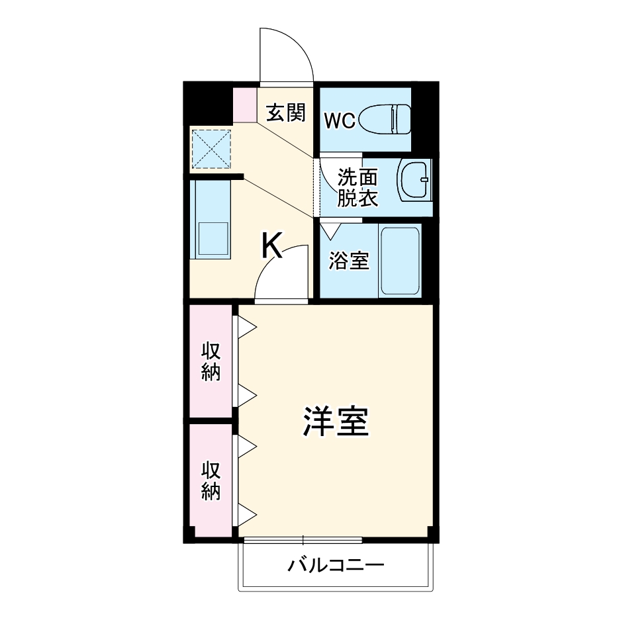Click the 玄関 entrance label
pos(286,113)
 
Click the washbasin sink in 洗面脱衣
pos(414,179)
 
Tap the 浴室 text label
pos(349,261)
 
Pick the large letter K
pos(271,247)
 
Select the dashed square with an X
pos(211,147)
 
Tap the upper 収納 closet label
pos(211,361)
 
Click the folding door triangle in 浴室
pos(329,230)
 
